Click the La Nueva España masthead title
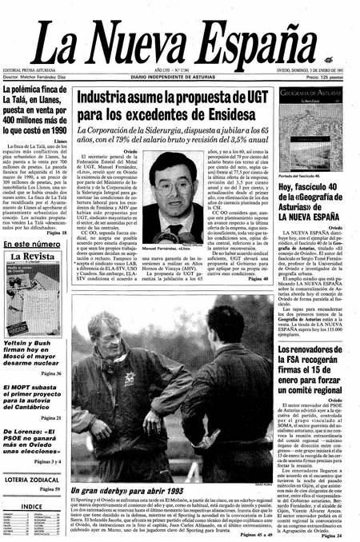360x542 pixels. pos(180,40)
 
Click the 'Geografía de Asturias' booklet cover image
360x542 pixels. pos(316,126)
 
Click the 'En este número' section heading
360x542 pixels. pos(36,244)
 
